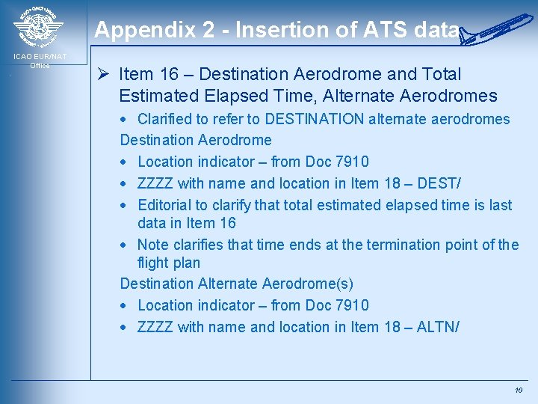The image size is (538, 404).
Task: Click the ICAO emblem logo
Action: pyautogui.click(x=38, y=28)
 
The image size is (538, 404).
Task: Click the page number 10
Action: pyautogui.click(x=519, y=391)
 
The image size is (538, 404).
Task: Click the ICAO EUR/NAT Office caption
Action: pyautogui.click(x=40, y=61)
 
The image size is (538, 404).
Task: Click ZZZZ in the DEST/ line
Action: pyautogui.click(x=155, y=183)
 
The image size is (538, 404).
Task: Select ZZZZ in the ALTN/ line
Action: pyautogui.click(x=155, y=327)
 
